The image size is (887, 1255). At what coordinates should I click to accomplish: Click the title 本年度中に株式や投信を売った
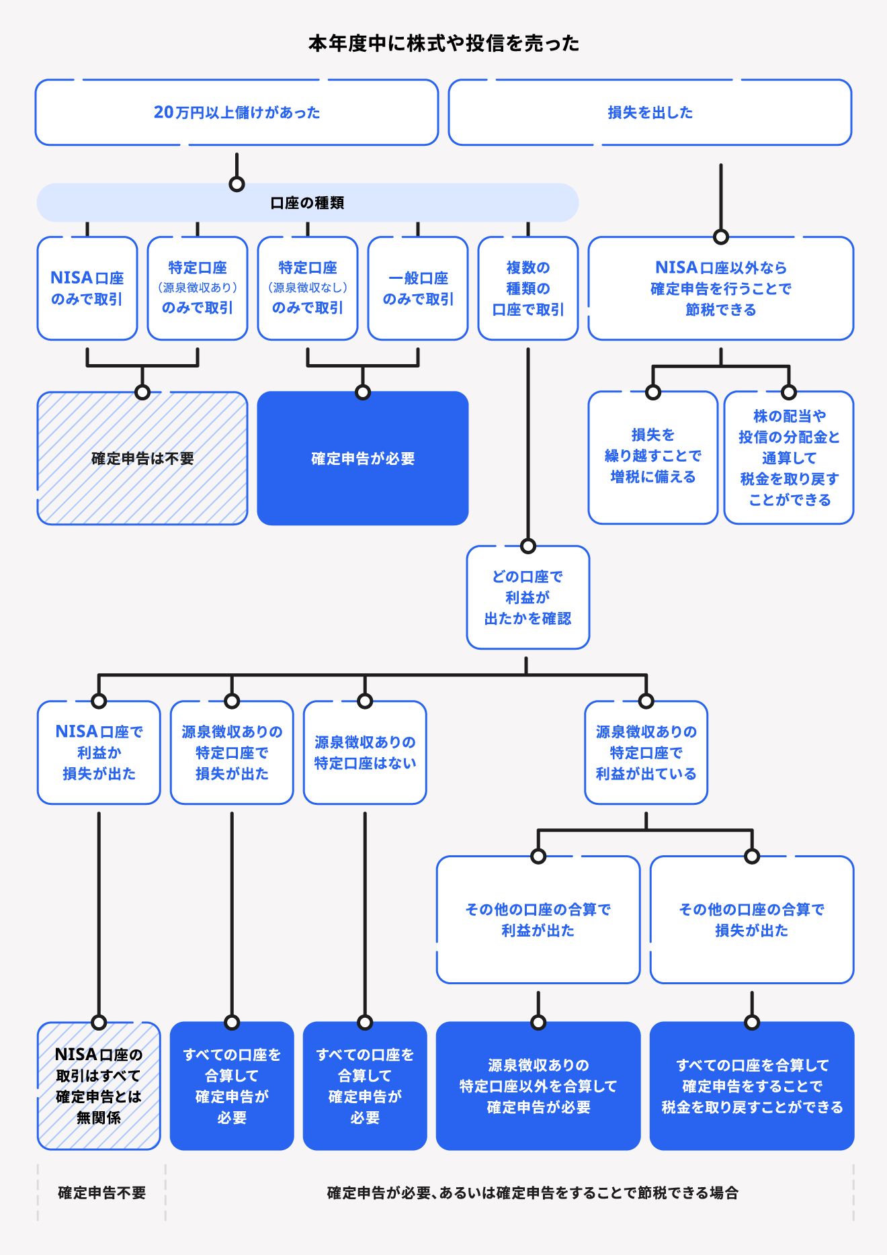click(443, 44)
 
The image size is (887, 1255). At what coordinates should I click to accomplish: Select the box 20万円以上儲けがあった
click(237, 112)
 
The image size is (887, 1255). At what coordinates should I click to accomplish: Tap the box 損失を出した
click(650, 112)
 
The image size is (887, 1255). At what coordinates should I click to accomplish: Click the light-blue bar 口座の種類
click(307, 202)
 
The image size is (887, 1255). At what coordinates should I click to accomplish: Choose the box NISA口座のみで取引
click(87, 288)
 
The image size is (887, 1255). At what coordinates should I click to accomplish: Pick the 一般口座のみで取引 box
click(418, 288)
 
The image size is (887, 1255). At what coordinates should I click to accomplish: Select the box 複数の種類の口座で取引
click(528, 288)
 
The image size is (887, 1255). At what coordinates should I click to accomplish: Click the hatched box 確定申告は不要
click(142, 458)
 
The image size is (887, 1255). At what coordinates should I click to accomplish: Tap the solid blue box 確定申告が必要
click(363, 458)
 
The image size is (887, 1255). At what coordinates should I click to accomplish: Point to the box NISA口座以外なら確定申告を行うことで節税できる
click(721, 288)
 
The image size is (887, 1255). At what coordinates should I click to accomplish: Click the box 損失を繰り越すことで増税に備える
click(653, 456)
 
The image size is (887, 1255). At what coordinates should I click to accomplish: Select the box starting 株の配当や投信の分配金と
click(789, 458)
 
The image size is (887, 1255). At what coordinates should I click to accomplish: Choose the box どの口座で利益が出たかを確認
click(528, 597)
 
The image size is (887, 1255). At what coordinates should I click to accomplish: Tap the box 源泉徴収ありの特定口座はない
click(365, 752)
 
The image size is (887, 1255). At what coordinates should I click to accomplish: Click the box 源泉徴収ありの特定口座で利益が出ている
click(646, 752)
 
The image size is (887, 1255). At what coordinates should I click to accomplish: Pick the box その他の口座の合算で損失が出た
click(752, 920)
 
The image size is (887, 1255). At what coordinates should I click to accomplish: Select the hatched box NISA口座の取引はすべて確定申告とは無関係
click(99, 1086)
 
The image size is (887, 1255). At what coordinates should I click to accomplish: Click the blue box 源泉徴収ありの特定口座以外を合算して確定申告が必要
click(538, 1086)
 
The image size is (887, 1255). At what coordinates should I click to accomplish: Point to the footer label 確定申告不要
click(101, 1193)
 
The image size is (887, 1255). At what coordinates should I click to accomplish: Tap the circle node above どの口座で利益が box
click(528, 546)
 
